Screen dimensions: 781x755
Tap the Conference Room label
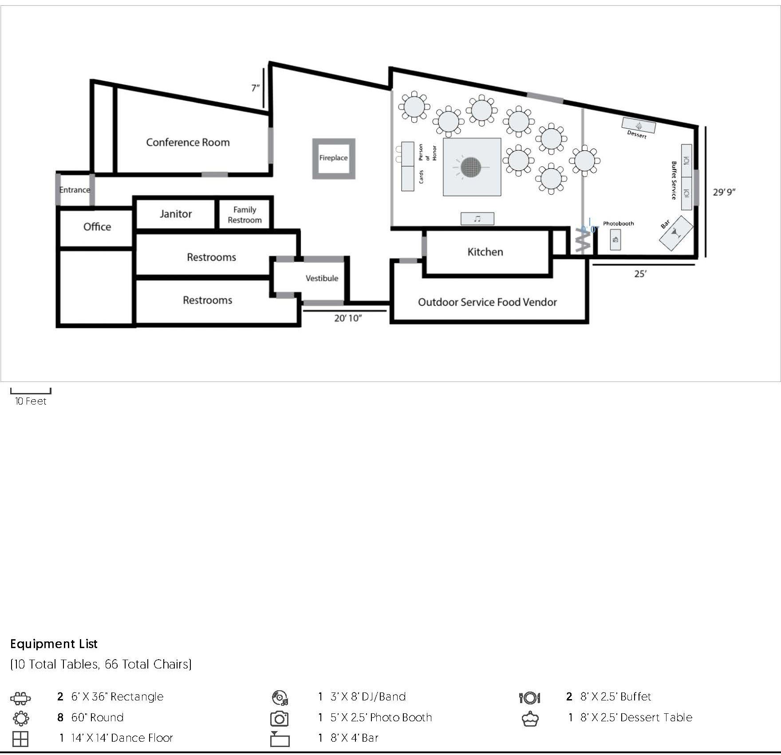click(x=188, y=142)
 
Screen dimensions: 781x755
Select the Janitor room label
click(x=176, y=214)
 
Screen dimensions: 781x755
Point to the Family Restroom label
click(x=245, y=215)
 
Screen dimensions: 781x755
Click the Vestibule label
click(x=322, y=278)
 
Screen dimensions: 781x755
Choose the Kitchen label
click(x=485, y=252)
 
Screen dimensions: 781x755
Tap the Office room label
click(x=97, y=227)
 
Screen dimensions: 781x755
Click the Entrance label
click(x=75, y=190)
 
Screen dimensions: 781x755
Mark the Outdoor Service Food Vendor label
click(x=487, y=302)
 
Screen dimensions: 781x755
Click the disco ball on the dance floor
click(x=471, y=167)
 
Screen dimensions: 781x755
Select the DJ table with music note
click(x=477, y=219)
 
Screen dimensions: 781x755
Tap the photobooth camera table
click(x=615, y=240)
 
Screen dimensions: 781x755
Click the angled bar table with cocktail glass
click(x=676, y=233)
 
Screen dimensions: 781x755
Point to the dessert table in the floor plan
click(x=639, y=125)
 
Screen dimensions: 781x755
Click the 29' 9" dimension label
click(x=724, y=192)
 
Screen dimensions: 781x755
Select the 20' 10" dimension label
click(x=348, y=318)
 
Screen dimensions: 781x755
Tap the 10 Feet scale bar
click(x=31, y=392)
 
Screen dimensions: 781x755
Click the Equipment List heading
click(x=54, y=644)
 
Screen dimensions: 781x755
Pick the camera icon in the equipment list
click(x=280, y=719)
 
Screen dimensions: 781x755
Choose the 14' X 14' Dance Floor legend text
click(x=122, y=738)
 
